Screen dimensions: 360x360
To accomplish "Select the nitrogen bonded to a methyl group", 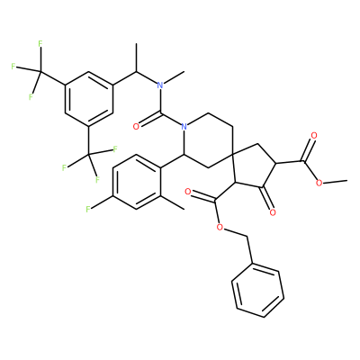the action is click(160, 85).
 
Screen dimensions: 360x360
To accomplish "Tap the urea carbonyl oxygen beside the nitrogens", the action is click(136, 127).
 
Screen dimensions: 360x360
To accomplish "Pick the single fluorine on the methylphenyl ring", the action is click(88, 209).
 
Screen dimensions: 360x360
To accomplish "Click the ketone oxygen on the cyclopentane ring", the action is click(273, 212).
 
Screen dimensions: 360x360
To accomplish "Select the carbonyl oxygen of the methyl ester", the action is click(314, 136).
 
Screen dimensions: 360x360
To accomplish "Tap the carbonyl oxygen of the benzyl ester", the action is click(188, 192).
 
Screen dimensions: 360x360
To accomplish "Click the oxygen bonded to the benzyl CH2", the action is click(220, 227).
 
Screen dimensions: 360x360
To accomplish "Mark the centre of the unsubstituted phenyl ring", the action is click(257, 291).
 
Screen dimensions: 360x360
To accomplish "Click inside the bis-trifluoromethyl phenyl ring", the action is click(89, 99).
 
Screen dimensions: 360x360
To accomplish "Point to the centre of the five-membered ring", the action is click(253, 167).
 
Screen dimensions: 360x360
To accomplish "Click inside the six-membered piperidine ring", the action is click(209, 140).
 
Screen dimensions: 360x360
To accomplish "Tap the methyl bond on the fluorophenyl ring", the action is click(172, 202).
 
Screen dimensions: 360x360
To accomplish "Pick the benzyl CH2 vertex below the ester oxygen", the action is click(247, 237).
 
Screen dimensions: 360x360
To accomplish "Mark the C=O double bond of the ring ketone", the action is click(268, 200).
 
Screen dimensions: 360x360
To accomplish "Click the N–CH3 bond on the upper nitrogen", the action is click(174, 77).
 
